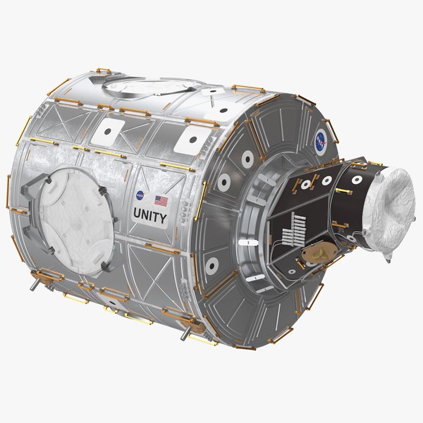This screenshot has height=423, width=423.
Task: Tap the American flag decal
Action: point(161,200)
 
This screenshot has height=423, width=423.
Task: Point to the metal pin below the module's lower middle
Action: point(184,332)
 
